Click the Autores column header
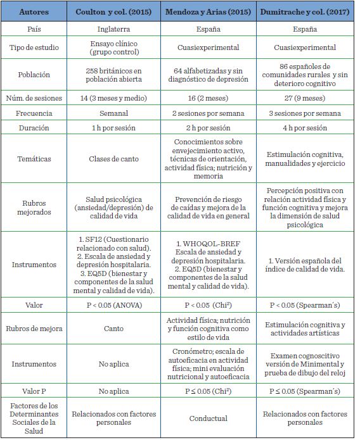click(x=35, y=12)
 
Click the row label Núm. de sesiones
click(x=35, y=97)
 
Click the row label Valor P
click(x=35, y=391)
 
